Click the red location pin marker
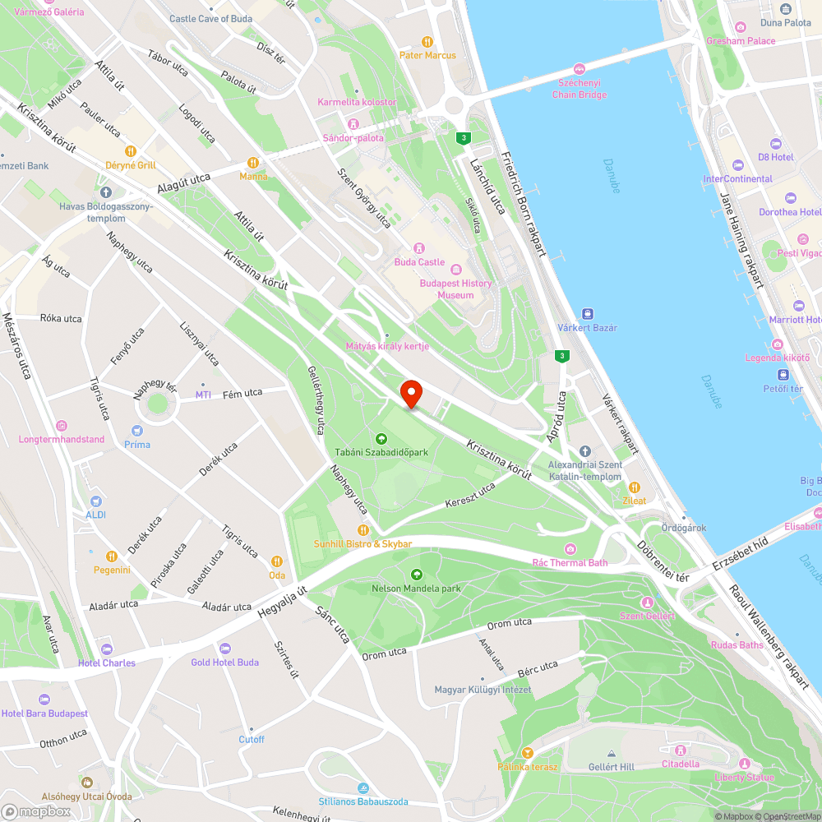tap(410, 394)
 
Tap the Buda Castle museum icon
tap(418, 248)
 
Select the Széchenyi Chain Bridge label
tap(580, 89)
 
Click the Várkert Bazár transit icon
tap(588, 314)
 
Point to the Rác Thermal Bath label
tap(570, 563)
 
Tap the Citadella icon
tap(681, 750)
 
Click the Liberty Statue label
tap(744, 778)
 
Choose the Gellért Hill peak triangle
tap(611, 754)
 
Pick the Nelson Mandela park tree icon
tap(416, 575)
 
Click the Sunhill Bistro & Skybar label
tap(363, 544)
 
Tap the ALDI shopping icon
tap(96, 501)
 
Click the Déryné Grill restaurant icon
tap(130, 151)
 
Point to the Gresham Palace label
tap(740, 41)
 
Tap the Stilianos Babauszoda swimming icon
tap(363, 787)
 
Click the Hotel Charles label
tap(107, 663)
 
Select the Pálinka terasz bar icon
tap(527, 753)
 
